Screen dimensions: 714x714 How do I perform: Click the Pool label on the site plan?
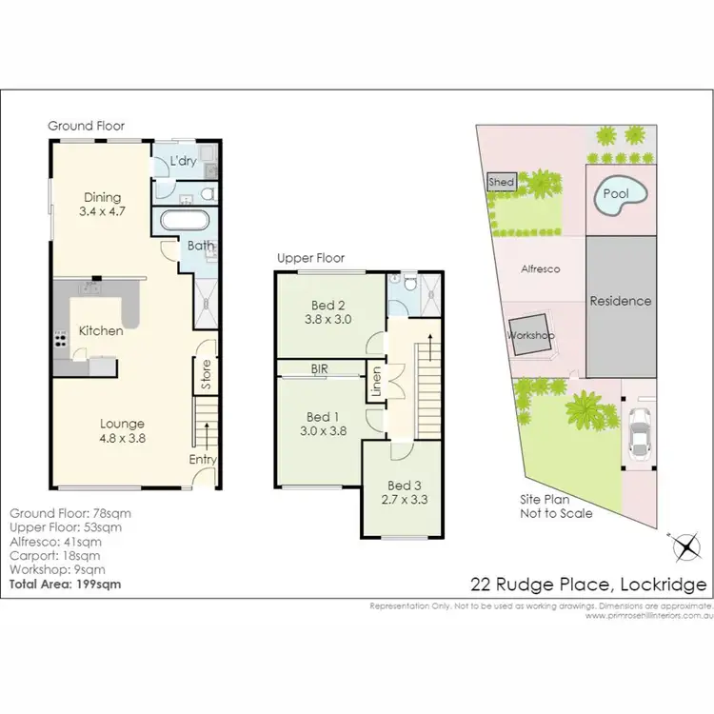pyautogui.click(x=617, y=195)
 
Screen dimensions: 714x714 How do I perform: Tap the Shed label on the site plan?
pyautogui.click(x=502, y=182)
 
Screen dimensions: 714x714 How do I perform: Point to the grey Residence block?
pyautogui.click(x=621, y=301)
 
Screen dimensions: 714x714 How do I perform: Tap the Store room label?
pyautogui.click(x=206, y=375)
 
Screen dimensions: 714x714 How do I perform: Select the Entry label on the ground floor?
pyautogui.click(x=203, y=460)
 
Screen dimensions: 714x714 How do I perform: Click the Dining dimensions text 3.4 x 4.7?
pyautogui.click(x=100, y=213)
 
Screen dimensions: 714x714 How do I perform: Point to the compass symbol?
pyautogui.click(x=683, y=547)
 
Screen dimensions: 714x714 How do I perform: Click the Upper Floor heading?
pyautogui.click(x=310, y=258)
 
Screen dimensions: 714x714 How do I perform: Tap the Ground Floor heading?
pyautogui.click(x=87, y=126)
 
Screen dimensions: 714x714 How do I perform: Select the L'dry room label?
pyautogui.click(x=183, y=162)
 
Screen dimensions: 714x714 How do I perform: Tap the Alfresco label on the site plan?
pyautogui.click(x=540, y=269)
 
